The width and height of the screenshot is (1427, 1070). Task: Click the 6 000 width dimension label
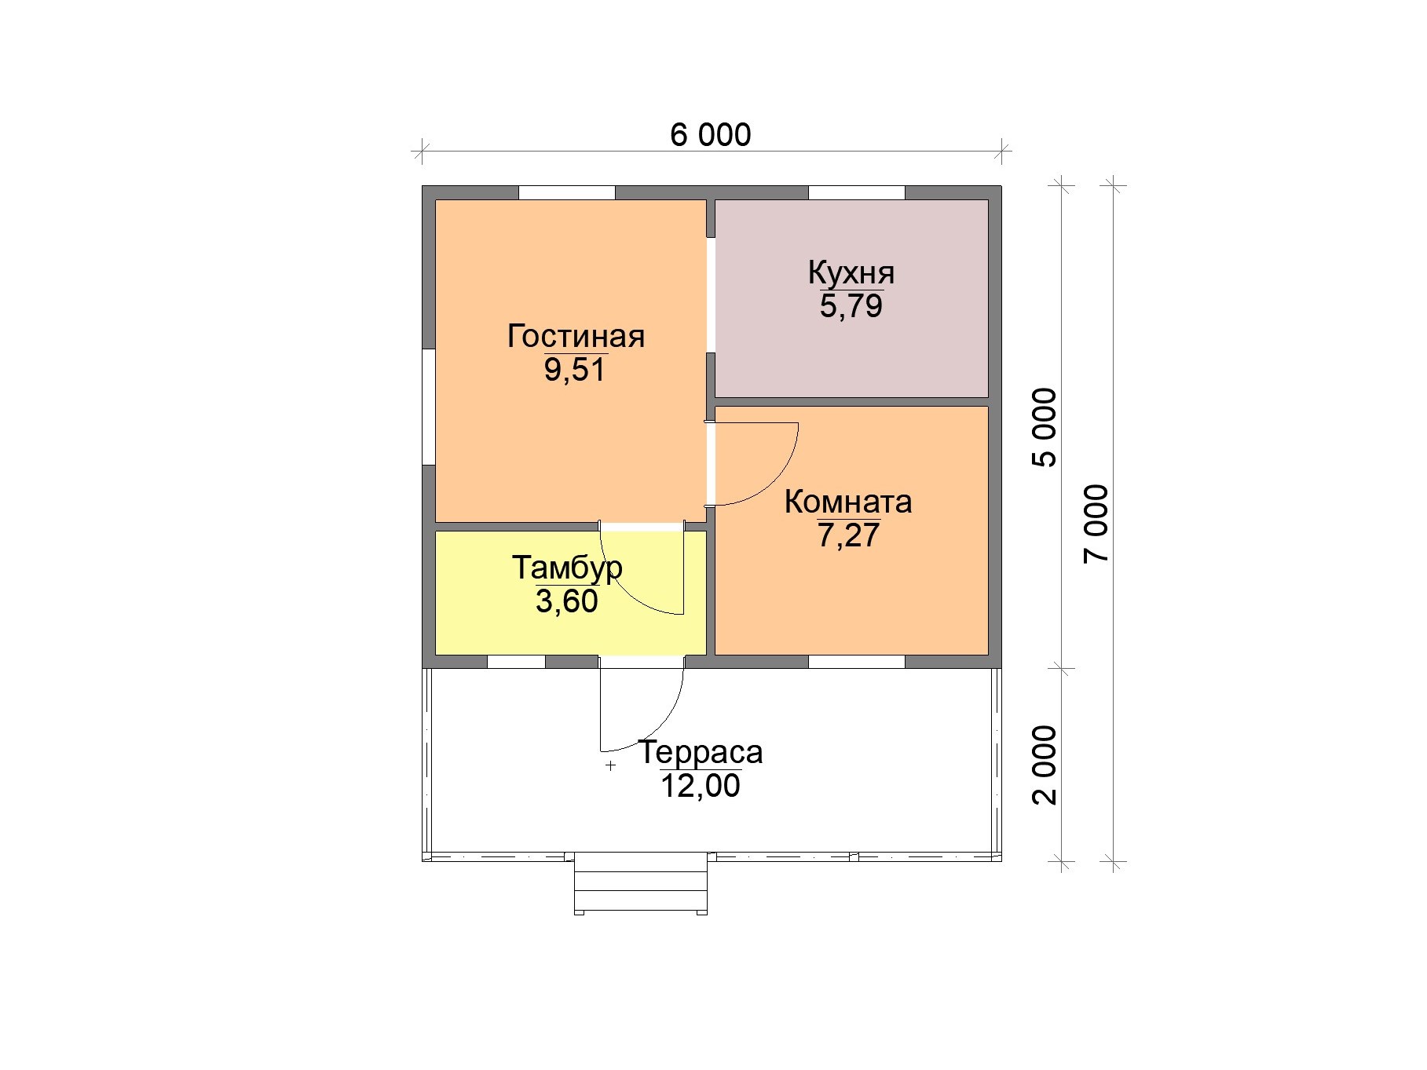[x=710, y=135]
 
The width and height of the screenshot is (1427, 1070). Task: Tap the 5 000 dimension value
[x=1045, y=427]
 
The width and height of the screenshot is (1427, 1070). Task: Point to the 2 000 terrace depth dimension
[x=1045, y=765]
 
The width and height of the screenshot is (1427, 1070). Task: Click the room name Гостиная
[x=576, y=336]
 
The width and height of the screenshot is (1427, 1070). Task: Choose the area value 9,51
[x=576, y=370]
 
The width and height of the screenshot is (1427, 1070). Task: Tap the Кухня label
[x=851, y=273]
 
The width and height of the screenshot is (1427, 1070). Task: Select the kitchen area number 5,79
[x=851, y=306]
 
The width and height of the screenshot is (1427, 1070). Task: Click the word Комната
[x=848, y=502]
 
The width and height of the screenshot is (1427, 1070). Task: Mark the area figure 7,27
[x=849, y=535]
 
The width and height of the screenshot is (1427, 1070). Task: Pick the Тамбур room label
[x=567, y=568]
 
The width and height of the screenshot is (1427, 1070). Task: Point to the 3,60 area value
[x=567, y=601]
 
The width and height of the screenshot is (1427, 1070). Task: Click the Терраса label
[x=700, y=752]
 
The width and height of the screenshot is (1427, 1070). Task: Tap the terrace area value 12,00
[x=700, y=786]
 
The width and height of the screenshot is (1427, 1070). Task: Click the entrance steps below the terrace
[x=641, y=884]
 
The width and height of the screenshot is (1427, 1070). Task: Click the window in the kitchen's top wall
[x=857, y=193]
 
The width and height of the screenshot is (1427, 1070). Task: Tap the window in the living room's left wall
[x=429, y=407]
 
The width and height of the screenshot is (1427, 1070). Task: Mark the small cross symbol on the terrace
[x=610, y=765]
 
